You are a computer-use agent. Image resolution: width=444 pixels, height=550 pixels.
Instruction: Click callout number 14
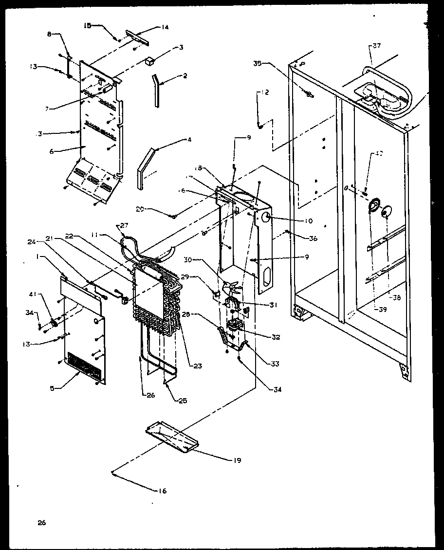click(x=165, y=28)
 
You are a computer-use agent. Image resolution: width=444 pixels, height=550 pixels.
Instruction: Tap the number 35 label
click(x=258, y=63)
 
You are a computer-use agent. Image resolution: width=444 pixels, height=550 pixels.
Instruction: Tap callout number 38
click(x=397, y=298)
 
